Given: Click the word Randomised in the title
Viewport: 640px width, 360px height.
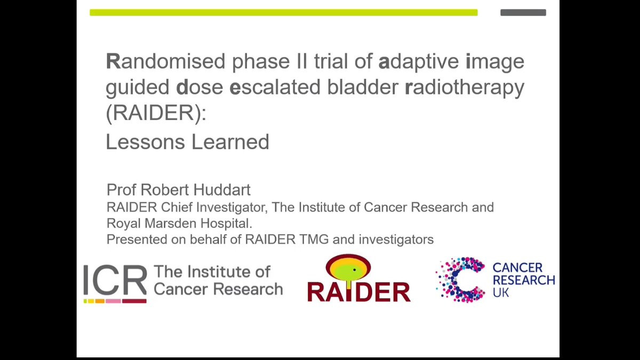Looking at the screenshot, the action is click(x=166, y=61).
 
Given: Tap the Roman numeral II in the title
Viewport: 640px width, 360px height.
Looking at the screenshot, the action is click(x=302, y=61).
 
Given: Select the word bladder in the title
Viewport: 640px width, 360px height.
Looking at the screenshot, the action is click(x=363, y=87).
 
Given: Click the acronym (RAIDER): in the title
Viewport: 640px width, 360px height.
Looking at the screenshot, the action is click(x=156, y=113).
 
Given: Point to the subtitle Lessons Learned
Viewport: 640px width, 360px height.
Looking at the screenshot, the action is click(x=187, y=142).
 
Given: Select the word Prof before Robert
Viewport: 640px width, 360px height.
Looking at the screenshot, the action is click(x=121, y=190).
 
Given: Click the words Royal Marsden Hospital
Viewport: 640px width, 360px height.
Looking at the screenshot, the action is click(x=179, y=223).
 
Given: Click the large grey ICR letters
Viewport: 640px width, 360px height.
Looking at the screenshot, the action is click(x=115, y=280).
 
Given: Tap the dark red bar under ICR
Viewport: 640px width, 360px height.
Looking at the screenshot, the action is click(x=134, y=301).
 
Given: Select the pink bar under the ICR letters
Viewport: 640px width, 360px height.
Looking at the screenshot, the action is click(x=113, y=301).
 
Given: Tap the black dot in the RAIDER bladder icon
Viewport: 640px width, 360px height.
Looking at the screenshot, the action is click(x=354, y=270).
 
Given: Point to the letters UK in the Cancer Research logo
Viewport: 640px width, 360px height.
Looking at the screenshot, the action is click(x=501, y=293).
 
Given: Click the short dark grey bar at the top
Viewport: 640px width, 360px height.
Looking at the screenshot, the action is click(x=523, y=13).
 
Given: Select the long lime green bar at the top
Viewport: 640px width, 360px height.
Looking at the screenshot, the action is click(x=284, y=13).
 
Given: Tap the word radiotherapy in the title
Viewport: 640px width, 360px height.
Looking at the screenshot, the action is click(x=465, y=87).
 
